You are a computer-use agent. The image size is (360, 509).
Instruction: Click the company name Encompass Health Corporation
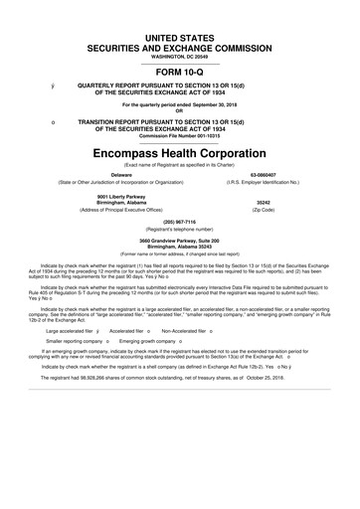179,155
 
